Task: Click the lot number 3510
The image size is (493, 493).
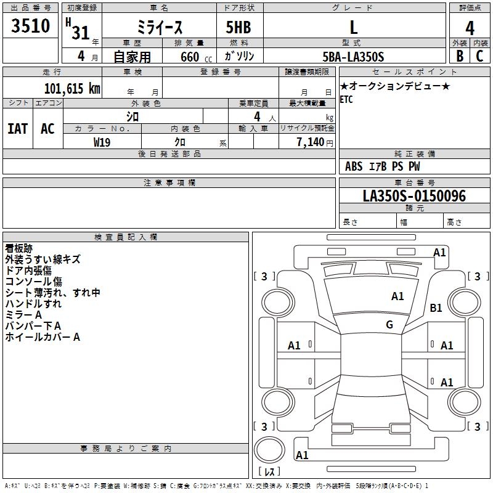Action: pos(30,25)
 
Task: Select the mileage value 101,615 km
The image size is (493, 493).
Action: pos(72,89)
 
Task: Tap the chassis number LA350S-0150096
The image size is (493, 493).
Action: pos(414,196)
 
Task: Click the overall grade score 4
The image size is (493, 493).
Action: pos(470,28)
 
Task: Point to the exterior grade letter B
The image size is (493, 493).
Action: pos(460,56)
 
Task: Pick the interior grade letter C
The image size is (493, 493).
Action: pos(479,56)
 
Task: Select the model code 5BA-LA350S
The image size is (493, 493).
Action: pos(353,57)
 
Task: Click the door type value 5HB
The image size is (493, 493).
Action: pos(238,27)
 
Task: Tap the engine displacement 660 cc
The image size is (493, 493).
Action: pos(196,57)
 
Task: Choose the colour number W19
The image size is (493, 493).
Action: pos(102,142)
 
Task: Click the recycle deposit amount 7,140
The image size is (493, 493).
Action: pos(311,142)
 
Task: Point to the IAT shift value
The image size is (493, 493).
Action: pos(18,129)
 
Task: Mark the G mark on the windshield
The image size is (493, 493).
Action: pos(389,324)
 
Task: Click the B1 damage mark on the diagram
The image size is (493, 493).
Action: pos(436,308)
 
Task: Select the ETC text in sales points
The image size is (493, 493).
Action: pos(346,99)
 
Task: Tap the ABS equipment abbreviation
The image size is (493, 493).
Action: pos(354,166)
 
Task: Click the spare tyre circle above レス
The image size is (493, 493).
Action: pos(269,450)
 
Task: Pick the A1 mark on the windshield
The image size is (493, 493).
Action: pos(397,296)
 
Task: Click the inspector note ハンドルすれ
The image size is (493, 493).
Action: pos(33,304)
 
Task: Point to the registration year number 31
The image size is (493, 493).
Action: pos(81,33)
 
